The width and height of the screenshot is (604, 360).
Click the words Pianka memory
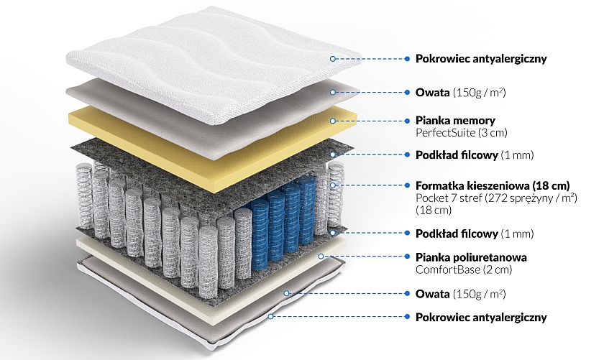[455, 121]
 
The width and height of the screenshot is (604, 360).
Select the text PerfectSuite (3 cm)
[462, 133]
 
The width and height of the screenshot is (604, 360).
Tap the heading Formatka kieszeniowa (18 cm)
[493, 185]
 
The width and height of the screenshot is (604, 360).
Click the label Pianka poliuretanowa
[471, 257]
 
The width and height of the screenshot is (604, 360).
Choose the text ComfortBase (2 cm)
[464, 269]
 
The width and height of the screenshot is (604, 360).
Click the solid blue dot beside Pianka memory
[407, 121]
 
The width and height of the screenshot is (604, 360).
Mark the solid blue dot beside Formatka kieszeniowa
[407, 185]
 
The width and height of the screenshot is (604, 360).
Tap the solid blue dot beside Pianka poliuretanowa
[407, 257]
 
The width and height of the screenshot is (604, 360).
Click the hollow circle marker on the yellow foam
[333, 121]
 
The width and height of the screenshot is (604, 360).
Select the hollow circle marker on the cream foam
[321, 257]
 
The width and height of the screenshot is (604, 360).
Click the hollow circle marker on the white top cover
[333, 58]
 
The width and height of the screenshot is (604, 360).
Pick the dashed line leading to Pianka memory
[370, 121]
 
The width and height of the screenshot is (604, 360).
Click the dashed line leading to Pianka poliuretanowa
[364, 257]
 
